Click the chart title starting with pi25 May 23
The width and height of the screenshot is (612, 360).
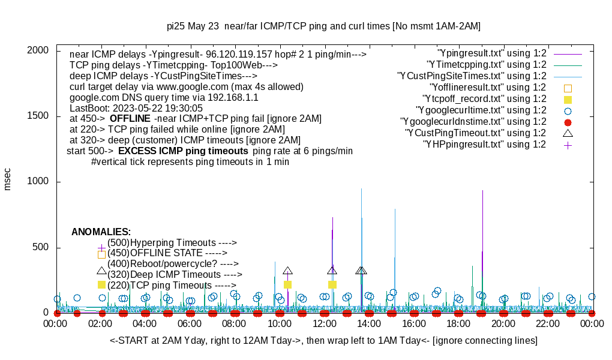pyautogui.click(x=323, y=26)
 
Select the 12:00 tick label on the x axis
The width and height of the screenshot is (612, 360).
pyautogui.click(x=324, y=324)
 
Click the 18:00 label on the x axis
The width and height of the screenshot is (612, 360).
pyautogui.click(x=458, y=324)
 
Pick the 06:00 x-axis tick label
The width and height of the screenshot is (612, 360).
pyautogui.click(x=190, y=324)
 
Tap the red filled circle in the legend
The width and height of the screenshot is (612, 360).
pyautogui.click(x=568, y=122)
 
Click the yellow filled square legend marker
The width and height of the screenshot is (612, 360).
pyautogui.click(x=568, y=99)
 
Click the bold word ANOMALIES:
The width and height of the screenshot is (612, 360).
pyautogui.click(x=101, y=232)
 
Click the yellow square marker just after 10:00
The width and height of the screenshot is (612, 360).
pyautogui.click(x=287, y=284)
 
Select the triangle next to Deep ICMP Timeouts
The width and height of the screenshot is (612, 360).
pyautogui.click(x=101, y=271)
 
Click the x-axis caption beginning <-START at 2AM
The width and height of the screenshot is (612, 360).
pyautogui.click(x=323, y=341)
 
